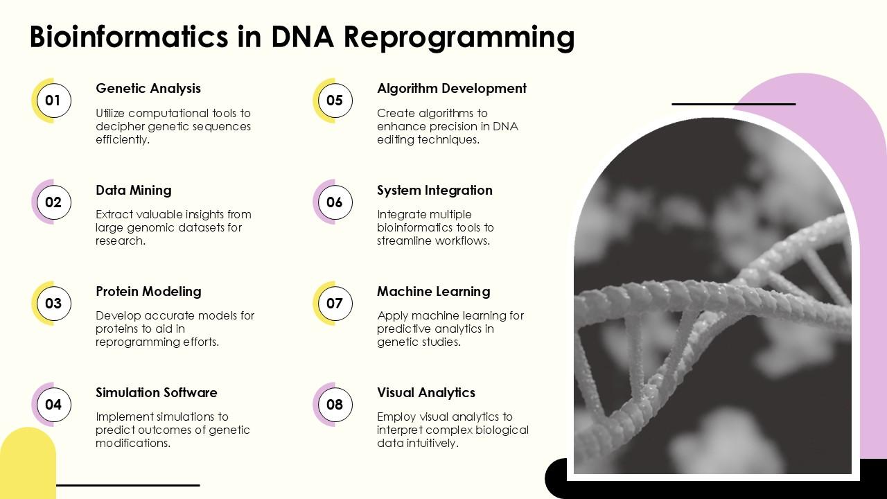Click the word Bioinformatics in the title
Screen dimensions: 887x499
pyautogui.click(x=129, y=37)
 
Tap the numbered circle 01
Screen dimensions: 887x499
pyautogui.click(x=53, y=100)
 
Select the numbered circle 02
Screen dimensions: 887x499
pyautogui.click(x=53, y=202)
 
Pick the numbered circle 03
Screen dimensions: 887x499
pyautogui.click(x=53, y=304)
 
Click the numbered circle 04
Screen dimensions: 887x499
pyautogui.click(x=53, y=404)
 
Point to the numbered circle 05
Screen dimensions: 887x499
pyautogui.click(x=335, y=100)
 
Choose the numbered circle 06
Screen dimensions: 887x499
pyautogui.click(x=335, y=202)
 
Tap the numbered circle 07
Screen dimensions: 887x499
pyautogui.click(x=335, y=304)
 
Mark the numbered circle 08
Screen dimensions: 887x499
pyautogui.click(x=335, y=404)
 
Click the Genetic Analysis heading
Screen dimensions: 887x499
pyautogui.click(x=148, y=89)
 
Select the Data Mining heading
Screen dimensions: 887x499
pyautogui.click(x=134, y=190)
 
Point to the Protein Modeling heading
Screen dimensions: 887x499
pyautogui.click(x=148, y=292)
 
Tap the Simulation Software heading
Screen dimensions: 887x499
pyautogui.click(x=157, y=392)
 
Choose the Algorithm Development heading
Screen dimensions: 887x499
pyautogui.click(x=451, y=89)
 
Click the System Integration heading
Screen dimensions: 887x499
pyautogui.click(x=434, y=190)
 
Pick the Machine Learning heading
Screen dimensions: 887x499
pyautogui.click(x=433, y=292)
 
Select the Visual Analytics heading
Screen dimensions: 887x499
pyautogui.click(x=425, y=392)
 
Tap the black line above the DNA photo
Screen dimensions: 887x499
pyautogui.click(x=734, y=104)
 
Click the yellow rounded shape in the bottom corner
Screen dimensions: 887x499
pyautogui.click(x=28, y=464)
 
